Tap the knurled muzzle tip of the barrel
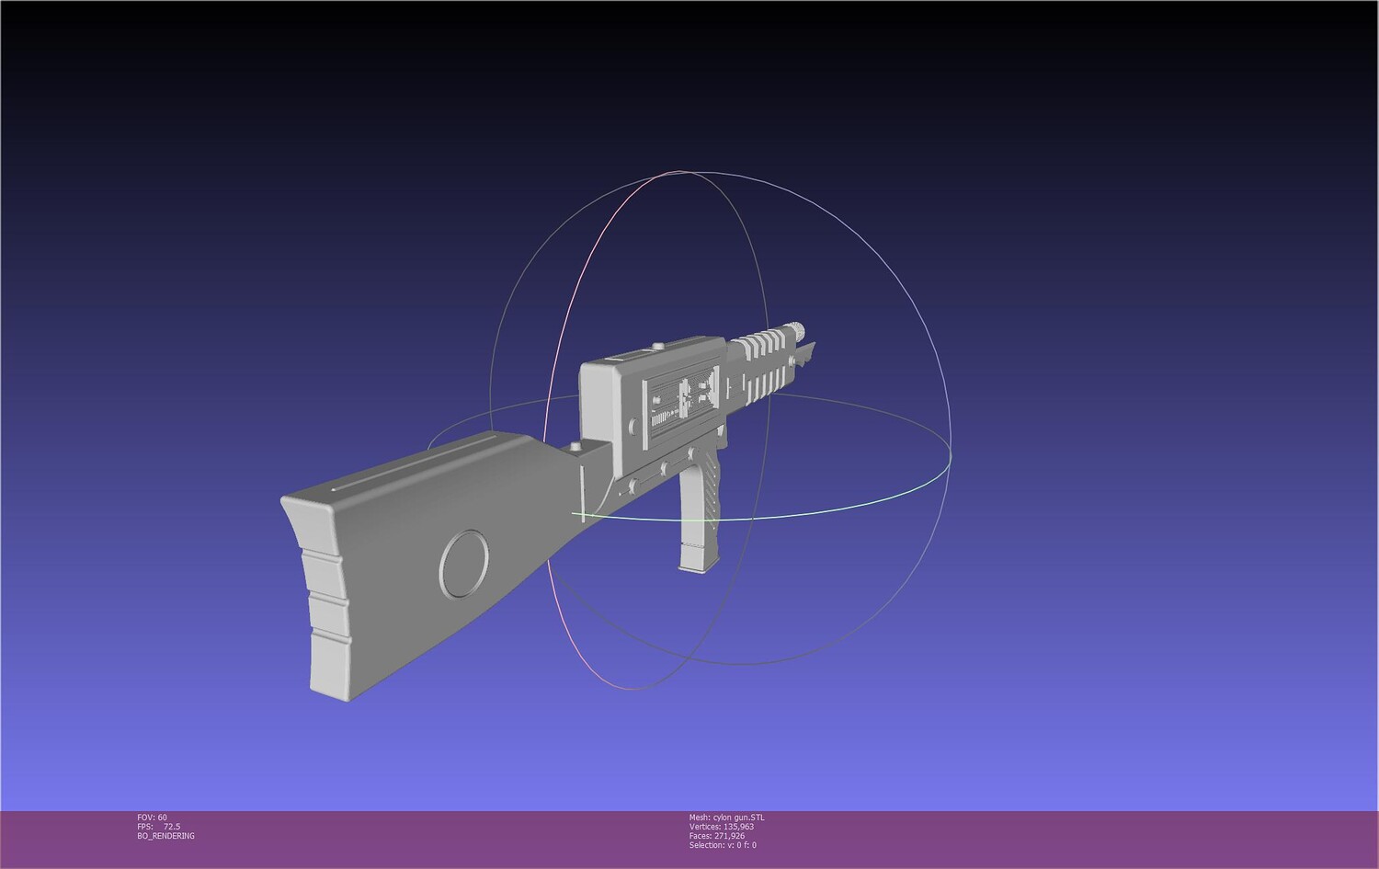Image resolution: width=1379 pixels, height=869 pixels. click(798, 329)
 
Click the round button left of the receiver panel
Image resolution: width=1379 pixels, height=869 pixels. click(633, 425)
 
